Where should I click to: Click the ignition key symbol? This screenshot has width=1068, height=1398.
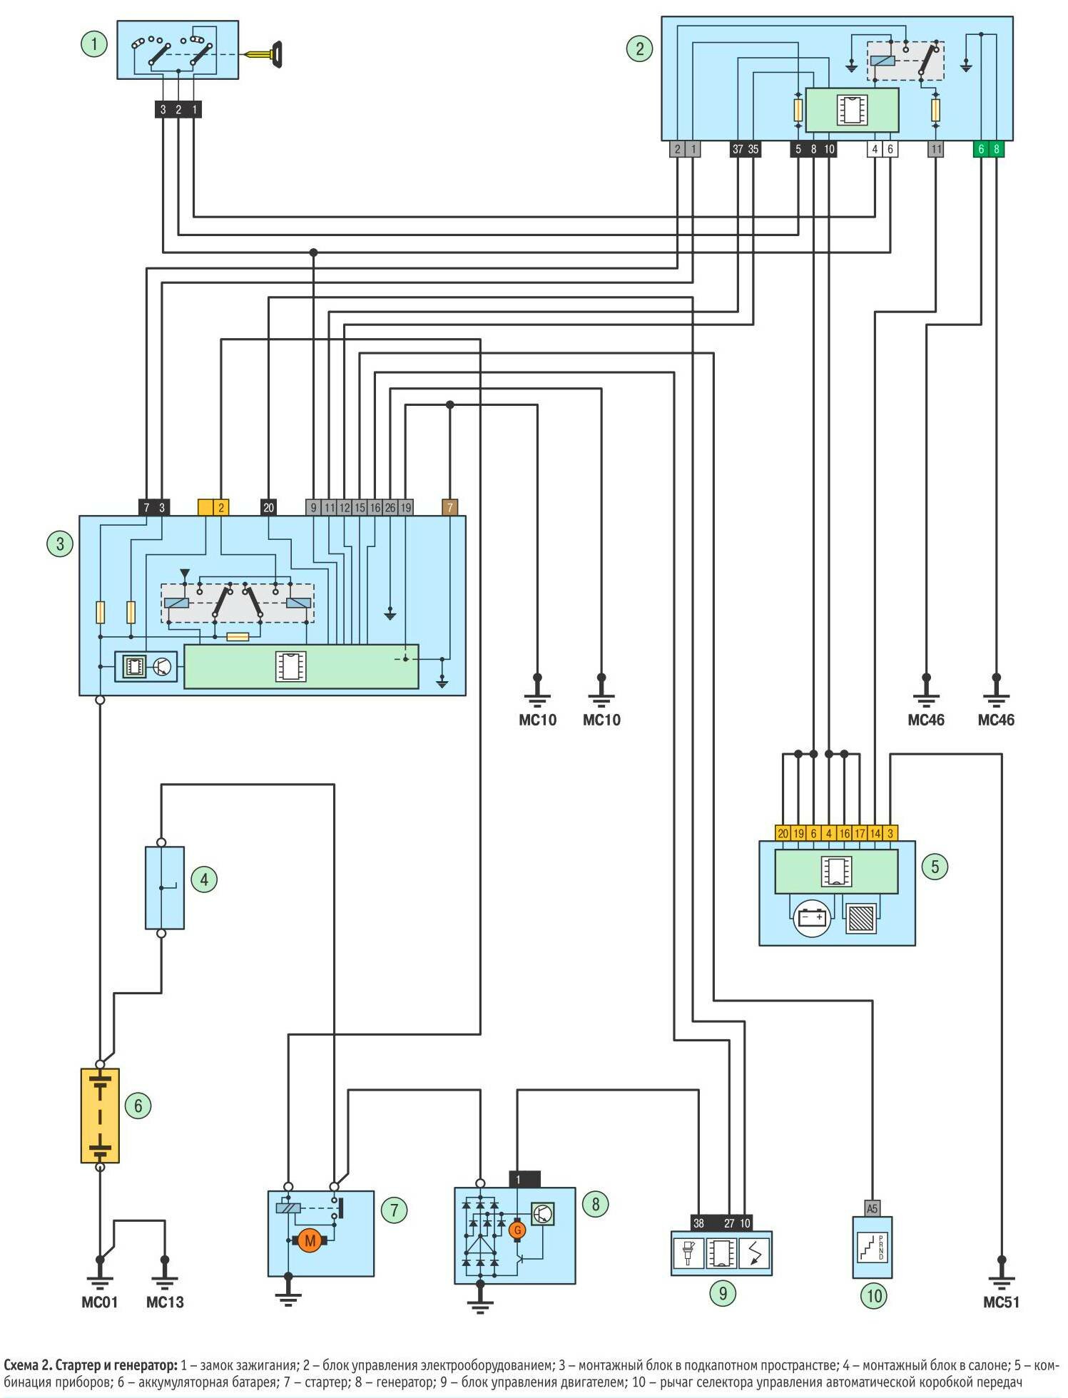(x=265, y=54)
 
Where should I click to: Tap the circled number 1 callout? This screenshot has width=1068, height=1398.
(x=93, y=44)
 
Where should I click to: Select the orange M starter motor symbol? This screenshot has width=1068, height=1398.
(x=310, y=1241)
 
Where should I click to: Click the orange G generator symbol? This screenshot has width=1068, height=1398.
(x=517, y=1230)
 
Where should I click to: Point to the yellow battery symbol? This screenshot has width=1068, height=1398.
(x=100, y=1116)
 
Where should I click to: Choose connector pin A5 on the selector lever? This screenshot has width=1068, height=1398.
(x=872, y=1208)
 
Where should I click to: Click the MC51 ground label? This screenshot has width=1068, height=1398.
(x=1001, y=1302)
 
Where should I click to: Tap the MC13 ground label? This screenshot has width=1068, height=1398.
(x=165, y=1302)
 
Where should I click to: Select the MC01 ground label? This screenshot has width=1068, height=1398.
(x=99, y=1302)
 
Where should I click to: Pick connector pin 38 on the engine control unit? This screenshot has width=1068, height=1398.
(x=698, y=1223)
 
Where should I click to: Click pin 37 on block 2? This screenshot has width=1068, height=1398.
(x=737, y=150)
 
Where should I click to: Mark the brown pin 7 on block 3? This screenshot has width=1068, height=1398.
(x=449, y=508)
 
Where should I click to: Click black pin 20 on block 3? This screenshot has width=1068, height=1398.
(x=268, y=508)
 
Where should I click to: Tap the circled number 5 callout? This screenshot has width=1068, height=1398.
(x=935, y=867)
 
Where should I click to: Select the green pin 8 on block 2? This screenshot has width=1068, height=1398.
(x=997, y=150)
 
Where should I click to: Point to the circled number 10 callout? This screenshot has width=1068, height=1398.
(x=875, y=1295)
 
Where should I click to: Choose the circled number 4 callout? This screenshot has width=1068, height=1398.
(x=204, y=879)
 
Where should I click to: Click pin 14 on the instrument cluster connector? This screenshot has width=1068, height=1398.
(x=875, y=833)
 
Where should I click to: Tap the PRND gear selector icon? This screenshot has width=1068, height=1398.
(x=873, y=1248)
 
